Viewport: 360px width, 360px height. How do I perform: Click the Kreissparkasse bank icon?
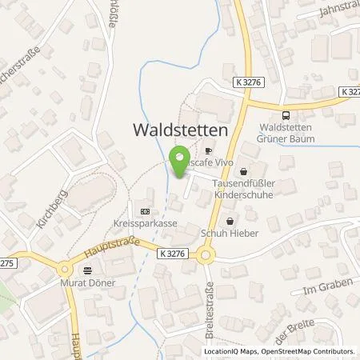point(144,212)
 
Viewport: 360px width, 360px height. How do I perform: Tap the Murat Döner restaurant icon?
point(87,270)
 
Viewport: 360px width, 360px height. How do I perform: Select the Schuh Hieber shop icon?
point(231,221)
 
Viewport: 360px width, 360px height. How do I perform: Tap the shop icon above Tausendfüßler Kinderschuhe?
point(243,170)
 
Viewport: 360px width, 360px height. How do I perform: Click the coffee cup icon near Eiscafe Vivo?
point(208,150)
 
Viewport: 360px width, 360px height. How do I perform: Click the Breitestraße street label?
point(210,300)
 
